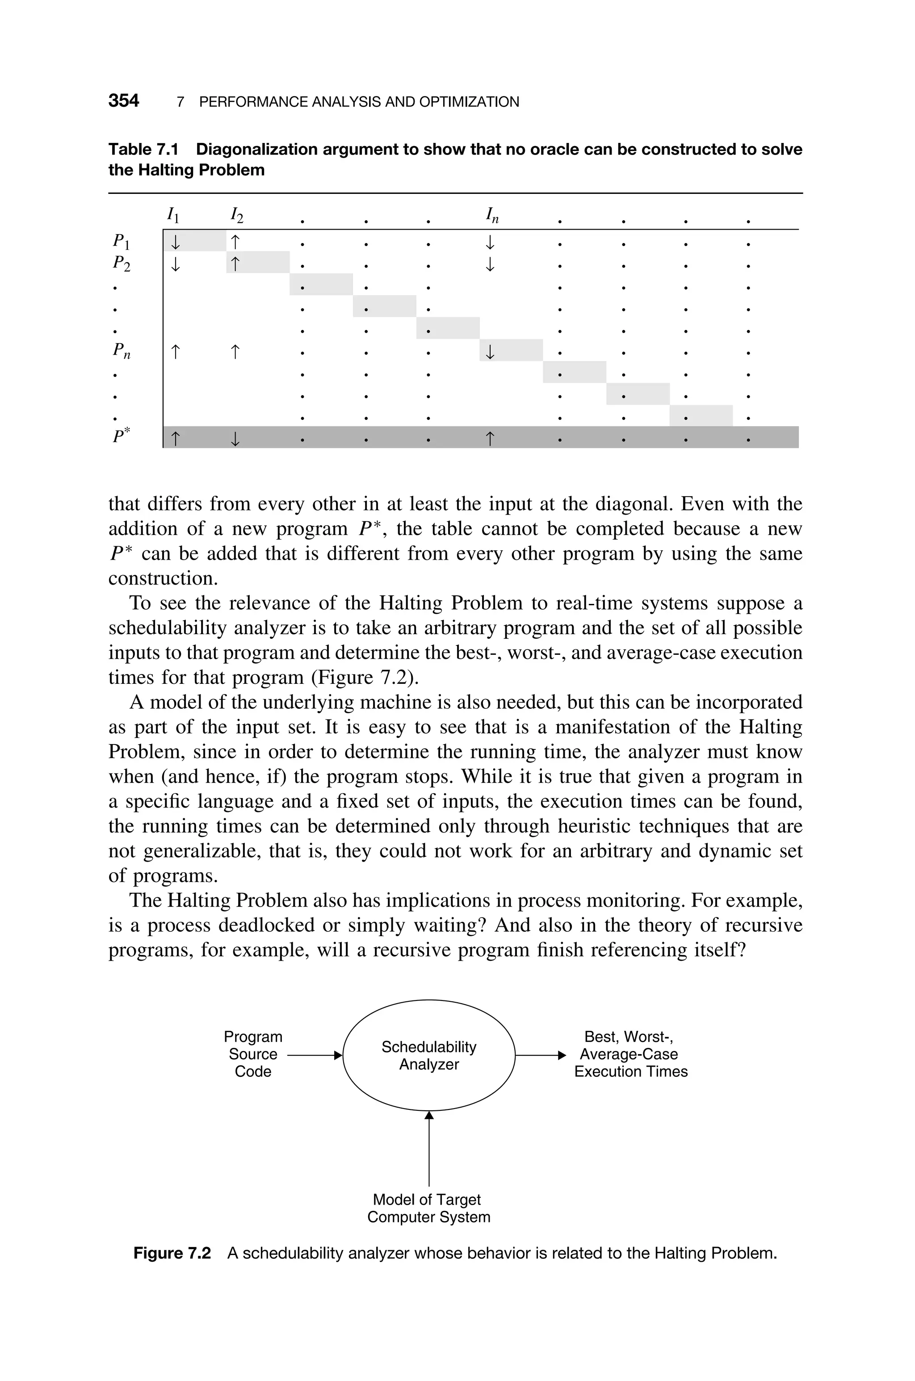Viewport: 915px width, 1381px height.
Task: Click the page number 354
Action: pyautogui.click(x=124, y=101)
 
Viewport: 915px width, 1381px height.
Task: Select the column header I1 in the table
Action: pyautogui.click(x=173, y=215)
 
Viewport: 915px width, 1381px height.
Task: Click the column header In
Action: pyautogui.click(x=492, y=215)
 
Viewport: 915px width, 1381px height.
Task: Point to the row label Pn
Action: pyautogui.click(x=122, y=351)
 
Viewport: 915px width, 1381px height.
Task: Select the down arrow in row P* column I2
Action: pyautogui.click(x=235, y=438)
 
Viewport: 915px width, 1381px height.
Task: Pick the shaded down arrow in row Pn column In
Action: pyautogui.click(x=490, y=351)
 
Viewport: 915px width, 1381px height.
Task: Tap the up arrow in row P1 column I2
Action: pyautogui.click(x=235, y=241)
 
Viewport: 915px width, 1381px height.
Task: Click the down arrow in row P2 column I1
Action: pyautogui.click(x=175, y=264)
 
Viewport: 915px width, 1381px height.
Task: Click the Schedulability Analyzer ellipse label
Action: pyautogui.click(x=429, y=1055)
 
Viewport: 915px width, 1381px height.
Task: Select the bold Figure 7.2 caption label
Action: pyautogui.click(x=172, y=1253)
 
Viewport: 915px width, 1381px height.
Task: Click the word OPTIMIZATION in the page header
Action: pyautogui.click(x=469, y=102)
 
